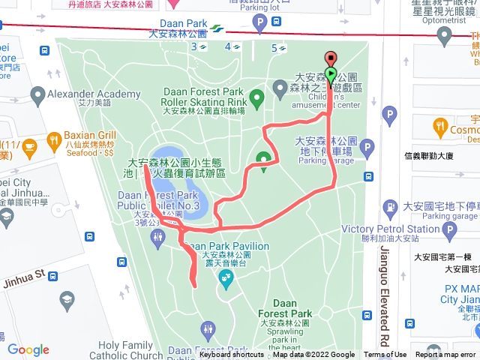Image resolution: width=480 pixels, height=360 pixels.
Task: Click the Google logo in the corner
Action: pos(28,349)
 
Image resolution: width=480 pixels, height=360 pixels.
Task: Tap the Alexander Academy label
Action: pos(94,94)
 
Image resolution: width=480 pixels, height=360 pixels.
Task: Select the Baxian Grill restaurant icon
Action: pos(54,139)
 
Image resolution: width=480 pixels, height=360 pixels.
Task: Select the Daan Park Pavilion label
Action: pos(226,246)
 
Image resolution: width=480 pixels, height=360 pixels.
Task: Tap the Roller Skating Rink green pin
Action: pos(257,97)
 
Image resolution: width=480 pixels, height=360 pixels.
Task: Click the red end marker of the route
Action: pos(331,58)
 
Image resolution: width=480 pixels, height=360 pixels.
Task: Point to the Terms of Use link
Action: pos(385,355)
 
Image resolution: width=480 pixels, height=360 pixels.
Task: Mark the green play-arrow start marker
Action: pos(331,74)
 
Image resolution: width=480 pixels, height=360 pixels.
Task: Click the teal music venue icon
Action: pos(225,280)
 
